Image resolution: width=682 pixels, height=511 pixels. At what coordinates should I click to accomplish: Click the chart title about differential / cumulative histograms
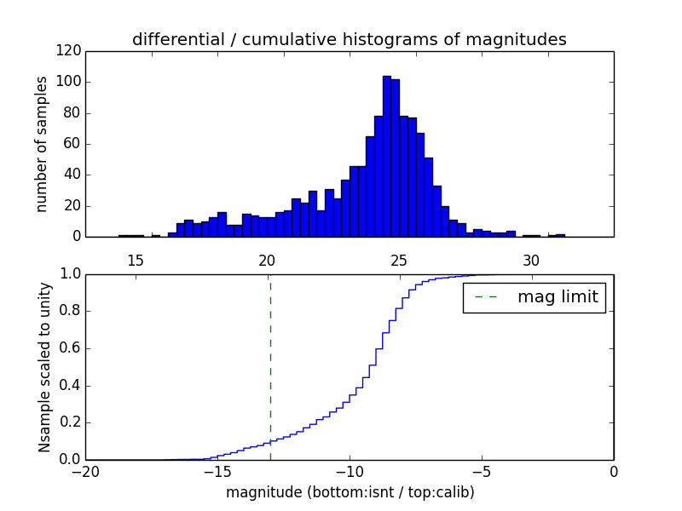point(349,39)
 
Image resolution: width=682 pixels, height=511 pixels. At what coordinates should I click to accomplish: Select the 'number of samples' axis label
point(42,144)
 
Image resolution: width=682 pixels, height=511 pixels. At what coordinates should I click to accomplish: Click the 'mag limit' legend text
point(558,297)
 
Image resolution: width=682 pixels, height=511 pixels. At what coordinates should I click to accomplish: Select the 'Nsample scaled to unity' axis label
point(44,366)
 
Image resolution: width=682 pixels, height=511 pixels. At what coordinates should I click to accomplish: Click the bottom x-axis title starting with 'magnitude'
point(350,492)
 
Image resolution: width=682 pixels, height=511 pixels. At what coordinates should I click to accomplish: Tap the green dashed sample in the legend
point(486,297)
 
